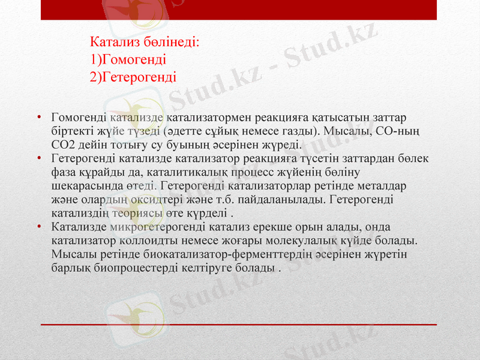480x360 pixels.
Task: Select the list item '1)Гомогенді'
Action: [128, 59]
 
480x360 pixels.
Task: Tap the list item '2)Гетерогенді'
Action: [133, 77]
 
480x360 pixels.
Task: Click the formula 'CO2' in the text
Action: [64, 145]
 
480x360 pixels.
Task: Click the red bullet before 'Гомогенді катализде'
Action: [38, 117]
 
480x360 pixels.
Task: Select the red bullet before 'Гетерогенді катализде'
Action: [38, 158]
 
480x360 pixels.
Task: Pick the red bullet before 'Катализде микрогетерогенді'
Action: [38, 227]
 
